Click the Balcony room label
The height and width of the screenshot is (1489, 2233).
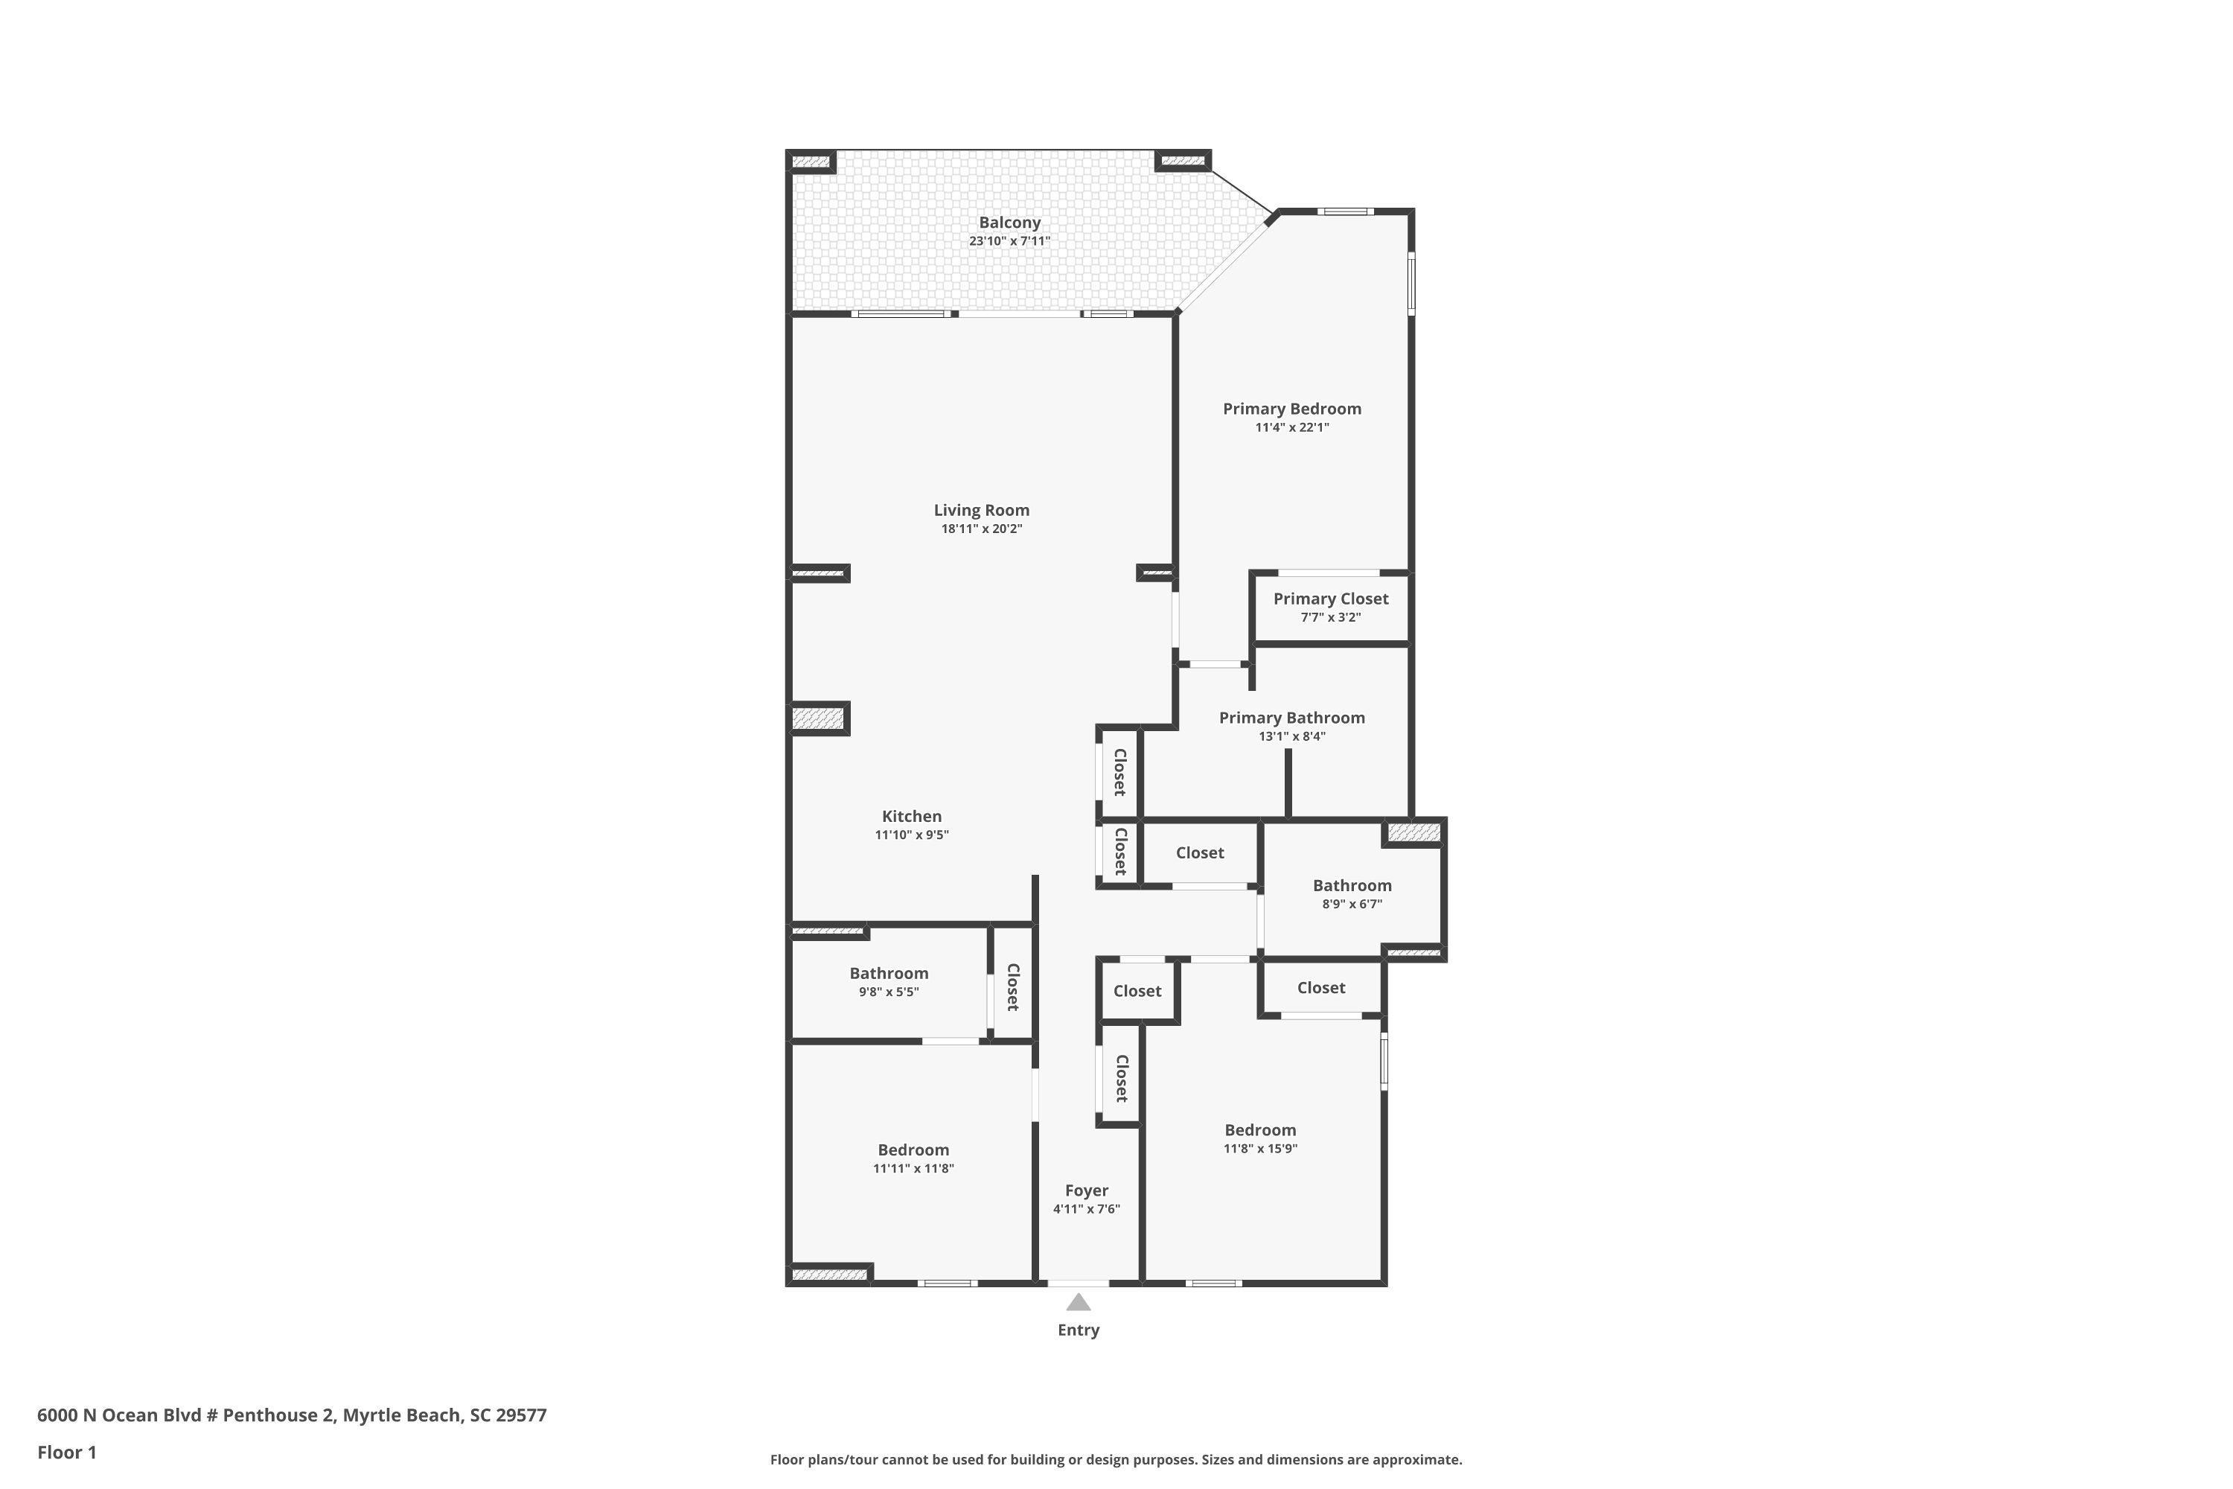point(1009,222)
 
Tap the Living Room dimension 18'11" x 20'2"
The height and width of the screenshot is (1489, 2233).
point(982,529)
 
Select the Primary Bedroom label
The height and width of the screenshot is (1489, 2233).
point(1291,408)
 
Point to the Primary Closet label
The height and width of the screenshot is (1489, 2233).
point(1330,599)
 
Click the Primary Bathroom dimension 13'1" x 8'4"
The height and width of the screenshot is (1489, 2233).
point(1291,736)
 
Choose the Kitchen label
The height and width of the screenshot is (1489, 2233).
point(911,816)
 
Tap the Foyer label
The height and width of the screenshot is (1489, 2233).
point(1086,1190)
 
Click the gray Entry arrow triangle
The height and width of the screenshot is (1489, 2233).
point(1078,1302)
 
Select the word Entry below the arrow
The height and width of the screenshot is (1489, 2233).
point(1079,1330)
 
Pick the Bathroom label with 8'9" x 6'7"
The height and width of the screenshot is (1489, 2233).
point(1352,885)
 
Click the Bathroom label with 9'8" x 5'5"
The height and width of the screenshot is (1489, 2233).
point(889,972)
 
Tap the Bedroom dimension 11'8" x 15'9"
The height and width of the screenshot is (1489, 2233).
point(1260,1148)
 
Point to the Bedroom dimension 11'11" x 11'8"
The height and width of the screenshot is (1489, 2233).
point(913,1168)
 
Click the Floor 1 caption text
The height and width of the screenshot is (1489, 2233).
point(66,1452)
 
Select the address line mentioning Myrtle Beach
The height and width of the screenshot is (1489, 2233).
point(292,1415)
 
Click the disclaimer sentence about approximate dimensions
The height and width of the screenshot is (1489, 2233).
point(1116,1459)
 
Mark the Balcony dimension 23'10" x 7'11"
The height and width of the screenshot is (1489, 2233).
point(1009,241)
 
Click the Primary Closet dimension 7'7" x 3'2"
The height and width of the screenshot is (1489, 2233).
point(1330,617)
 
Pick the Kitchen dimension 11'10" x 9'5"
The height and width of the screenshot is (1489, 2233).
point(911,835)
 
